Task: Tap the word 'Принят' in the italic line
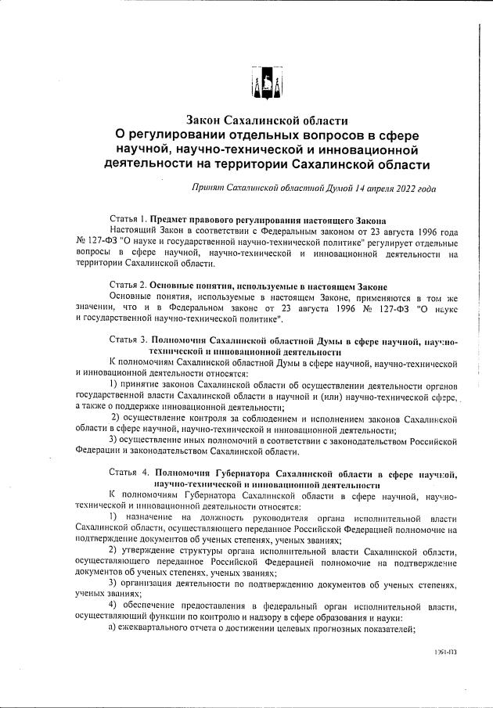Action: click(207, 189)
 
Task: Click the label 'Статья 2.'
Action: click(128, 286)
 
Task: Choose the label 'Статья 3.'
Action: click(128, 342)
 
